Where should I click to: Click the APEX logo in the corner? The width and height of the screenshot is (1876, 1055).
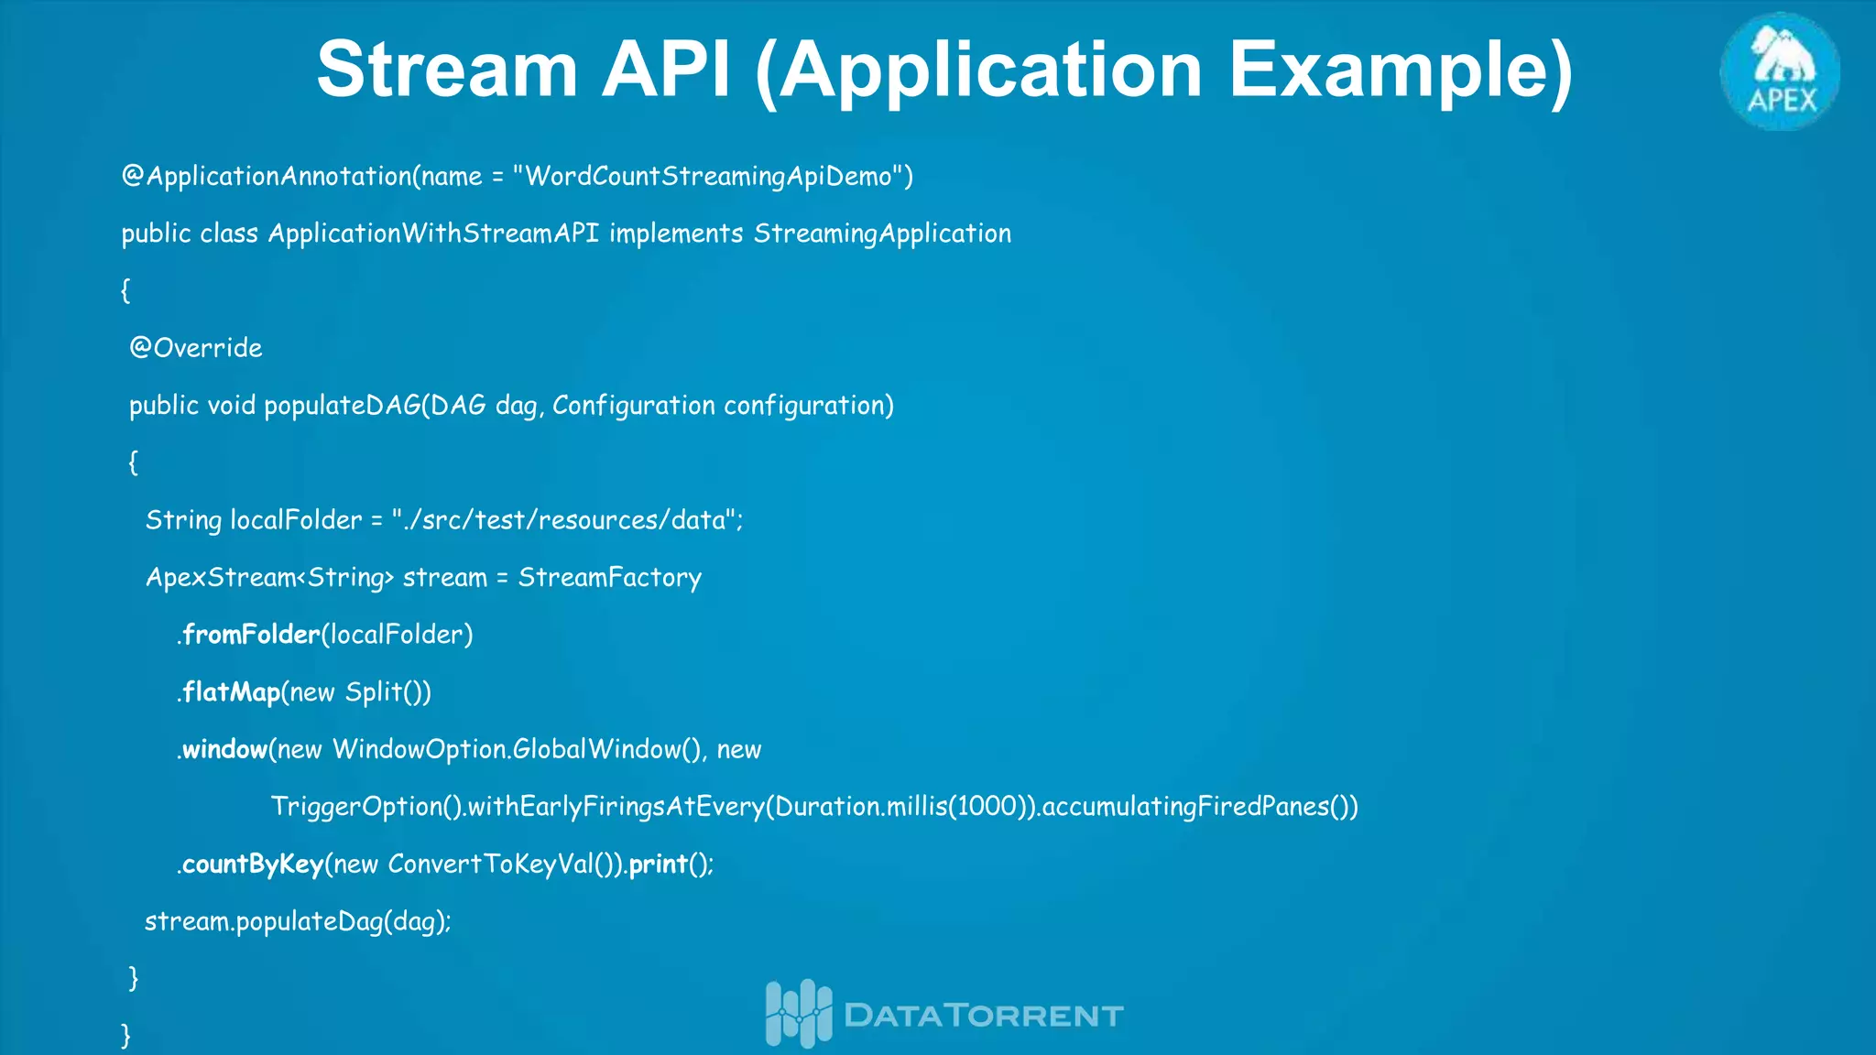pyautogui.click(x=1780, y=71)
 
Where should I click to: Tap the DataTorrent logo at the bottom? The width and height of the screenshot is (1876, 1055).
pyautogui.click(x=943, y=1014)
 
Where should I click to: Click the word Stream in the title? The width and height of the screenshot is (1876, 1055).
pyautogui.click(x=447, y=70)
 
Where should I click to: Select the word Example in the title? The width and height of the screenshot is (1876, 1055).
pyautogui.click(x=1400, y=70)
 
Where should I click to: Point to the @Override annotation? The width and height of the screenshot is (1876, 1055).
pyautogui.click(x=196, y=348)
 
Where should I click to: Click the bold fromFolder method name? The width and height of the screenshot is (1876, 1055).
pyautogui.click(x=251, y=635)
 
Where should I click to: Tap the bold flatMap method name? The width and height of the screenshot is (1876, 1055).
pyautogui.click(x=231, y=692)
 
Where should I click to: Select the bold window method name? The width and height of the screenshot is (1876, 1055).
pyautogui.click(x=224, y=750)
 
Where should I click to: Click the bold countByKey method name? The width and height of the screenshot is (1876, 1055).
pyautogui.click(x=253, y=865)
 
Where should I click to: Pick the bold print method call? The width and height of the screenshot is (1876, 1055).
pyautogui.click(x=658, y=865)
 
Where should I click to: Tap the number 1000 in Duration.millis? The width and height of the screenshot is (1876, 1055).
pyautogui.click(x=986, y=807)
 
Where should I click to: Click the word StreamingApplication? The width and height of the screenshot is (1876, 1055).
pyautogui.click(x=882, y=234)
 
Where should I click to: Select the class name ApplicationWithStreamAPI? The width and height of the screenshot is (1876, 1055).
pyautogui.click(x=433, y=234)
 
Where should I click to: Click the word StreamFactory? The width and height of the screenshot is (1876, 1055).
pyautogui.click(x=609, y=578)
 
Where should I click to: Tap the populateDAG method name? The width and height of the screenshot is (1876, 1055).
pyautogui.click(x=342, y=406)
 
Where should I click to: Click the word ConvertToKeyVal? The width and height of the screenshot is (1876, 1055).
pyautogui.click(x=490, y=865)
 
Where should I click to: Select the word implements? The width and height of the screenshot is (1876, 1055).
pyautogui.click(x=676, y=234)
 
